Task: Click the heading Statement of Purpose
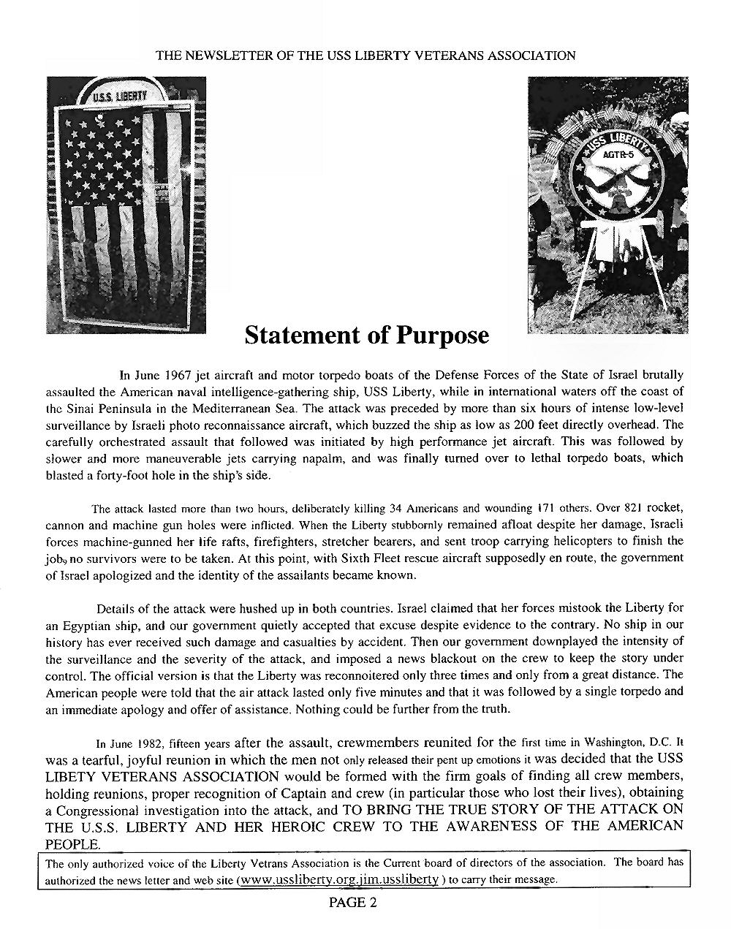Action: point(366,335)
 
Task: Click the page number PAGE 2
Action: point(352,903)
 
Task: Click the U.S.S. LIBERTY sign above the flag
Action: point(120,96)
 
